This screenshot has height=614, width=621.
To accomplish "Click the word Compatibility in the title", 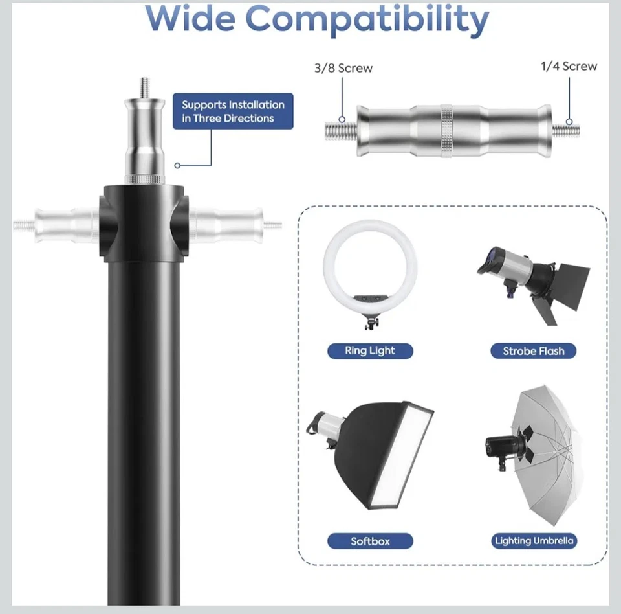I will pyautogui.click(x=366, y=19).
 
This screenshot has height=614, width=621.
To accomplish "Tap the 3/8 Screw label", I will pyautogui.click(x=343, y=68).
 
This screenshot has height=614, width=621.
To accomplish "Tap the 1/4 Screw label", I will pyautogui.click(x=569, y=66).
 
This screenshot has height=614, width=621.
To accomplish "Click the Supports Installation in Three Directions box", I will pyautogui.click(x=233, y=111).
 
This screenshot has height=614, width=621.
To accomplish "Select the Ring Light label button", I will pyautogui.click(x=369, y=351).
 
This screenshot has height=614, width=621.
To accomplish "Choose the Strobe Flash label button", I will pyautogui.click(x=533, y=351).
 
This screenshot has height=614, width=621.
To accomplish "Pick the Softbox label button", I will pyautogui.click(x=370, y=541).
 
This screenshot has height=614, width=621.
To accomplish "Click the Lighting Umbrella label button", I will pyautogui.click(x=534, y=541).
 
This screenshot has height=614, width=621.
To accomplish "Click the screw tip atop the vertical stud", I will pyautogui.click(x=145, y=85).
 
